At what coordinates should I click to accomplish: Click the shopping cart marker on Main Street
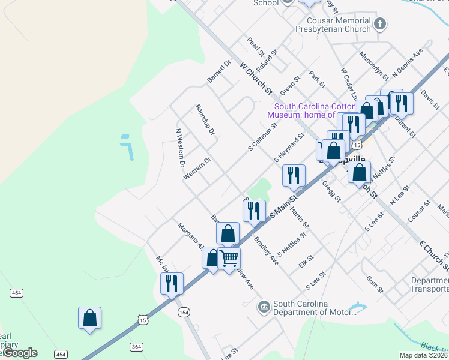(229, 259)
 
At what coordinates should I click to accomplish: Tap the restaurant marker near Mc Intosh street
(172, 283)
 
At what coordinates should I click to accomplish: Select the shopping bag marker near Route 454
(89, 317)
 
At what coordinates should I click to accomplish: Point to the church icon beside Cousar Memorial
(379, 24)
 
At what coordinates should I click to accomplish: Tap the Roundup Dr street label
(205, 120)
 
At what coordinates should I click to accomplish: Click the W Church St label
(256, 78)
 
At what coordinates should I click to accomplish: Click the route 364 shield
(136, 347)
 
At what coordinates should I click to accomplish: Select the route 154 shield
(184, 312)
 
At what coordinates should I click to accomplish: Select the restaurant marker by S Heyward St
(294, 175)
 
